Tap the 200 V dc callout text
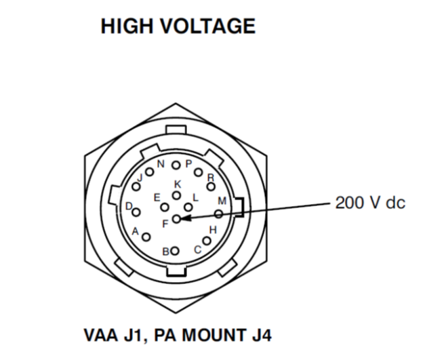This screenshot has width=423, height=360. [369, 203]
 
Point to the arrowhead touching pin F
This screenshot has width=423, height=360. [184, 218]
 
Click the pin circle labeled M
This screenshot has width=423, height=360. [218, 214]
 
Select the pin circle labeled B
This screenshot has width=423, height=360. [175, 251]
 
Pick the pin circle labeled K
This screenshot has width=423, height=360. [176, 195]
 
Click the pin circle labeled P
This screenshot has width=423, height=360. [176, 165]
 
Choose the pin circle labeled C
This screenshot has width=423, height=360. [207, 240]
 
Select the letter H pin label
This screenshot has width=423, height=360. [213, 230]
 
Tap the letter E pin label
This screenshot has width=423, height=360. [157, 197]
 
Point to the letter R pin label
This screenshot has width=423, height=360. [211, 178]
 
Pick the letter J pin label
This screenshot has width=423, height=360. [138, 178]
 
